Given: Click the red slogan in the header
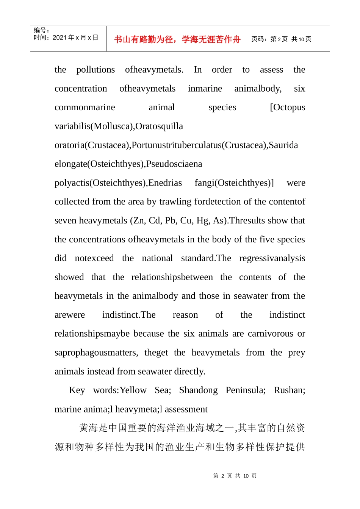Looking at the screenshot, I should point(177,39).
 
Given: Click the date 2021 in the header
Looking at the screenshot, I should point(60,37).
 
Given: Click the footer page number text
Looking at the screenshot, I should point(235,476).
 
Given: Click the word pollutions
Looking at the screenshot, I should point(95,70).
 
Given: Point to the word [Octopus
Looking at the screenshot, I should point(287,108).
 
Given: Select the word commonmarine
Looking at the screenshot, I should point(85,108).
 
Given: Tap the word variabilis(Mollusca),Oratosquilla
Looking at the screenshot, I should point(119,126).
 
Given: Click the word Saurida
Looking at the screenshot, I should point(283,145).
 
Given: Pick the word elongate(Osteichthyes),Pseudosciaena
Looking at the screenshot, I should point(128,164).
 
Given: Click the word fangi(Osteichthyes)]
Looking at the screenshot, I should point(234,183).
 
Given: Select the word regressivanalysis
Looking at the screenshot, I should point(272,258).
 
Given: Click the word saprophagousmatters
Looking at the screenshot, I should point(96,353).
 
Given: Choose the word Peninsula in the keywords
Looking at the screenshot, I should point(245,390).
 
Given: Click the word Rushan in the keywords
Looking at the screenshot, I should point(289,390).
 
